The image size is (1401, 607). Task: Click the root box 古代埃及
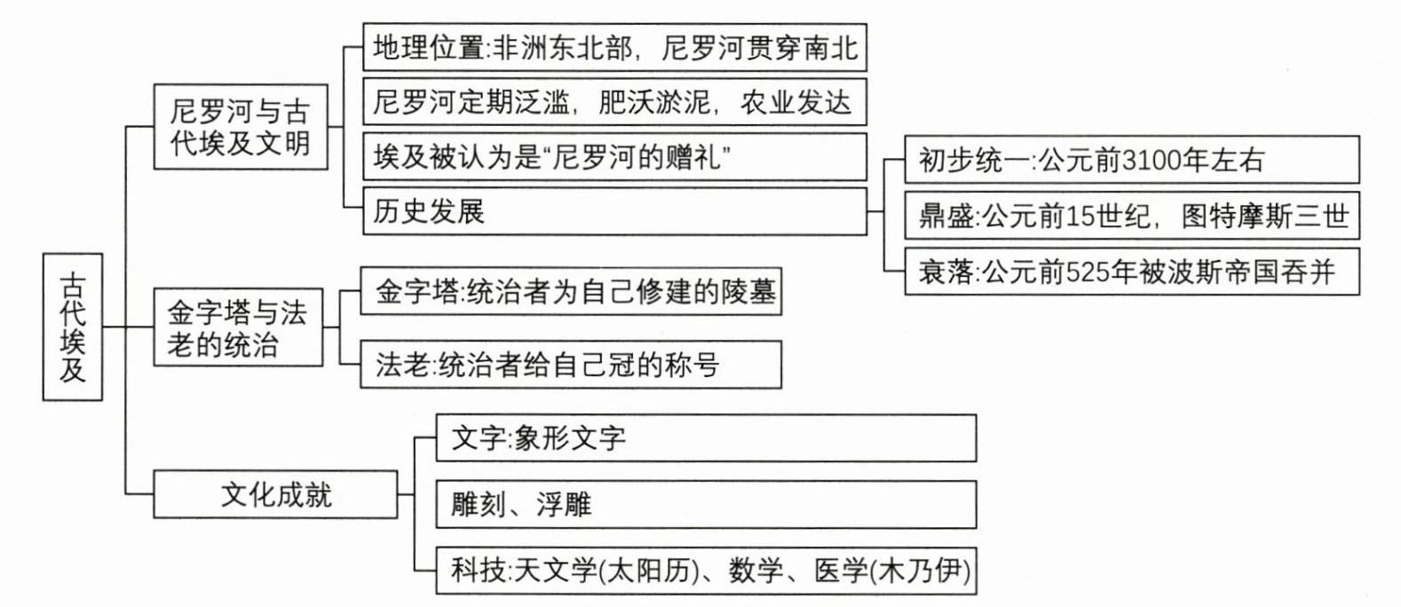(73, 327)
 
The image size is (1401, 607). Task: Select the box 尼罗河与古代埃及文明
(241, 127)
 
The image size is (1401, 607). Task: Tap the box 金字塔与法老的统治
(238, 327)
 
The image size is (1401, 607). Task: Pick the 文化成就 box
(275, 494)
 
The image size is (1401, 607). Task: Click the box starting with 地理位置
(614, 48)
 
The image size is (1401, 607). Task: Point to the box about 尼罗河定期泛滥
(614, 102)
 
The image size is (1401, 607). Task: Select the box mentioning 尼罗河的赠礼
(614, 157)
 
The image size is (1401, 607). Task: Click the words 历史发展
(429, 211)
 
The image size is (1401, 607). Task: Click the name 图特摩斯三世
(1264, 217)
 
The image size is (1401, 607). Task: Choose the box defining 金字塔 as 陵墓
(571, 291)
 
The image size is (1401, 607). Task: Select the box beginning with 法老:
(571, 365)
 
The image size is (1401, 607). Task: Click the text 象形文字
(570, 438)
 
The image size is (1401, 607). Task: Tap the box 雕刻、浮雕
(706, 504)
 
